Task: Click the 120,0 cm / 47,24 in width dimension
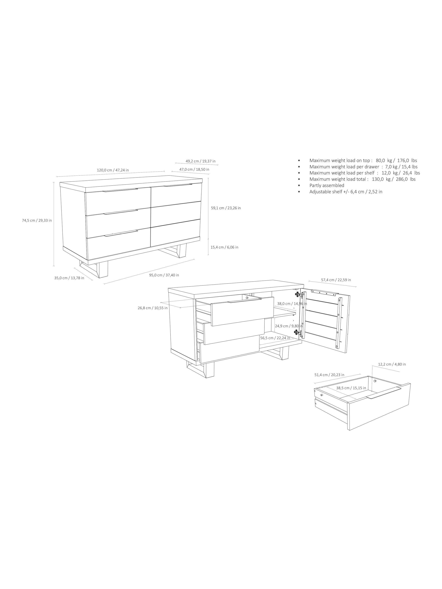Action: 113,170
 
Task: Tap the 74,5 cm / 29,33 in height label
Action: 37,220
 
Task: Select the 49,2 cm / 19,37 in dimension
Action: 200,161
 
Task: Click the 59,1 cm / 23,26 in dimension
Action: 226,208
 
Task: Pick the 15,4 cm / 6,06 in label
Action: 224,247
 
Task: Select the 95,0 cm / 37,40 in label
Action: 164,275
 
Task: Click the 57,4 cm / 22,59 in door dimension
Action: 336,280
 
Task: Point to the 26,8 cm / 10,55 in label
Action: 153,308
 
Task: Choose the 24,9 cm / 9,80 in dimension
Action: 289,326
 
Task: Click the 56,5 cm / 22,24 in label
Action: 275,338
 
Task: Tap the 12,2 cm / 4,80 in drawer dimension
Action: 392,364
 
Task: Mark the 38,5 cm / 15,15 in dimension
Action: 351,388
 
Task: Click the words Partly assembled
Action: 327,185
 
